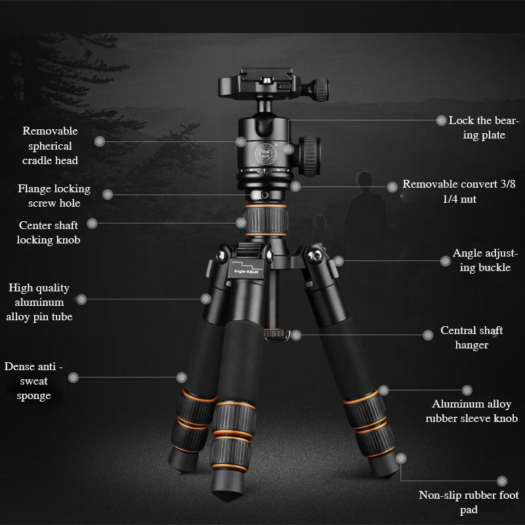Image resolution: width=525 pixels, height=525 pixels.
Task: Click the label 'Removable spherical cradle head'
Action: point(50,146)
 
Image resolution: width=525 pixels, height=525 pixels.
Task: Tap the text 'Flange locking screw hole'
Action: point(54,196)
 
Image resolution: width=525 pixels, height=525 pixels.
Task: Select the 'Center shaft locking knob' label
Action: point(49,232)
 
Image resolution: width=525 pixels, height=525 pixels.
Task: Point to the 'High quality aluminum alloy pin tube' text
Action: point(39,302)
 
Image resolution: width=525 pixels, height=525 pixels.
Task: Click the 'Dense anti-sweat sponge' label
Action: point(33,381)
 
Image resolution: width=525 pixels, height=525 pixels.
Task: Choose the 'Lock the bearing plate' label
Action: point(484,127)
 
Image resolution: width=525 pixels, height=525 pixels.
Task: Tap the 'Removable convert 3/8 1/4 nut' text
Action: point(459,192)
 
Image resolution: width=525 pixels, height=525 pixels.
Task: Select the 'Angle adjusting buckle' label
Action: point(485,260)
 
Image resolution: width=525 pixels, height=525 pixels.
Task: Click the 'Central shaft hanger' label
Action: point(471,338)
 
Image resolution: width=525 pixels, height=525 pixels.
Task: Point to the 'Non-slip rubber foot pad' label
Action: point(469,502)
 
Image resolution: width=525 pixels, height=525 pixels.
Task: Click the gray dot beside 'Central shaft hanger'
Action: point(428,335)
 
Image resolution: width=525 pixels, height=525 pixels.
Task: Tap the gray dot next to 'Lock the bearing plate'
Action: point(442,120)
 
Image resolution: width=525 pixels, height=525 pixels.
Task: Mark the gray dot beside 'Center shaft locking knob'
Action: point(92,224)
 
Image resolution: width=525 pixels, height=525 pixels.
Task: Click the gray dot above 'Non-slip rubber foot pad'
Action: point(502,482)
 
